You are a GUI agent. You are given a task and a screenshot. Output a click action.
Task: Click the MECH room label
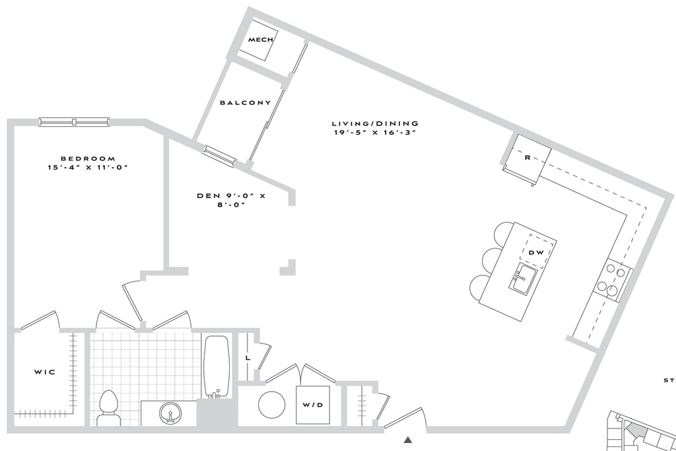click(260, 40)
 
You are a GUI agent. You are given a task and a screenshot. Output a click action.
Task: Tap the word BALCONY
click(246, 102)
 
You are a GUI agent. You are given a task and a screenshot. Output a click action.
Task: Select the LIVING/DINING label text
click(375, 123)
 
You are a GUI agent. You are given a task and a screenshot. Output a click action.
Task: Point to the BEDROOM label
click(88, 158)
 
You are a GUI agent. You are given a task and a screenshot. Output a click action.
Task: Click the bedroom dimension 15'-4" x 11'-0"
click(88, 167)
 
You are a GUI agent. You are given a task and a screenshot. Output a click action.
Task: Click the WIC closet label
click(45, 372)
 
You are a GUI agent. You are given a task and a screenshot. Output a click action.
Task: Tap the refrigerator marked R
click(527, 158)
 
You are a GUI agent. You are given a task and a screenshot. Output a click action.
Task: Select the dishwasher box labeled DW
click(537, 252)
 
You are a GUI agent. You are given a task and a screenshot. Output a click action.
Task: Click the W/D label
click(312, 405)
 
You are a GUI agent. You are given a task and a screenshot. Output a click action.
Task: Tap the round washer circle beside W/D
click(271, 405)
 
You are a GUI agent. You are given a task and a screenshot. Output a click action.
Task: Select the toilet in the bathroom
click(108, 408)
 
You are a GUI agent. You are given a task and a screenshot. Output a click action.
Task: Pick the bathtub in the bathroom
click(216, 367)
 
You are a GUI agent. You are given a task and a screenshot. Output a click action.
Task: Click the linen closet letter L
click(248, 358)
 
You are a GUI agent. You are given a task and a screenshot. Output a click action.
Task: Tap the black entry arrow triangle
click(408, 440)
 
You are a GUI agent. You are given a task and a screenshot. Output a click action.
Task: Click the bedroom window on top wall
click(74, 122)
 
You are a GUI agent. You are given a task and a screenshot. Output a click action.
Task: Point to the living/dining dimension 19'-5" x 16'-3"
click(375, 132)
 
